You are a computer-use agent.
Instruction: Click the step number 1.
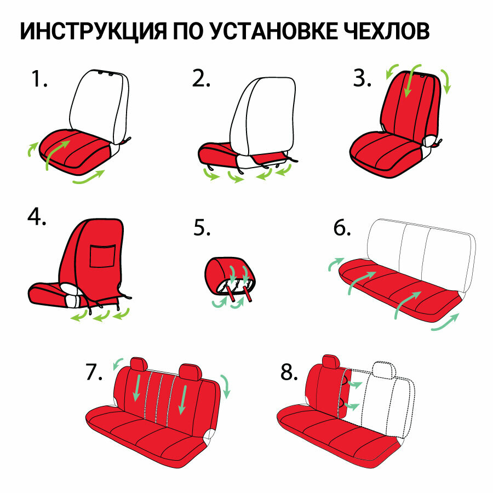pos(38,81)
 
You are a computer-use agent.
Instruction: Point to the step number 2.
pos(201,81)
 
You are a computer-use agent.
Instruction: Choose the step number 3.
pos(362,79)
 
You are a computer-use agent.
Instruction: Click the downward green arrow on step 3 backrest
pos(407,85)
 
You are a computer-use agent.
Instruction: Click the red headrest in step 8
pos(331,361)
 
